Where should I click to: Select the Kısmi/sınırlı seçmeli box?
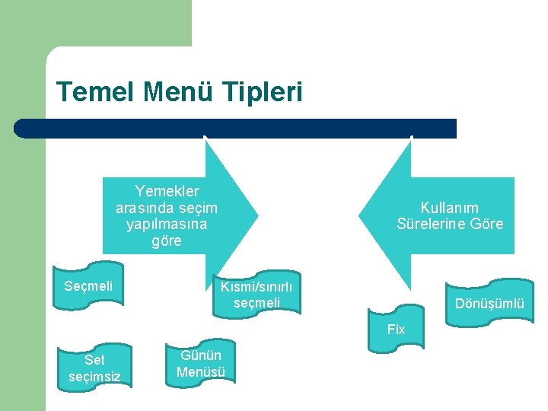(256, 295)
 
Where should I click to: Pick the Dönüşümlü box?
(489, 303)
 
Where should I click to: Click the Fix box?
(396, 330)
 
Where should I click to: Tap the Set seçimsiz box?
(94, 368)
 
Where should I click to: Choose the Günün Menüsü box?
(201, 363)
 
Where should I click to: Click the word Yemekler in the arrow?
(167, 191)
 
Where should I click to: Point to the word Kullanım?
(450, 207)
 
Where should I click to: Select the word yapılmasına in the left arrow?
(167, 225)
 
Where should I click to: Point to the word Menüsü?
(201, 371)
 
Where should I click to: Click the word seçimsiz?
(94, 376)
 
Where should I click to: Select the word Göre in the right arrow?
(487, 224)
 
